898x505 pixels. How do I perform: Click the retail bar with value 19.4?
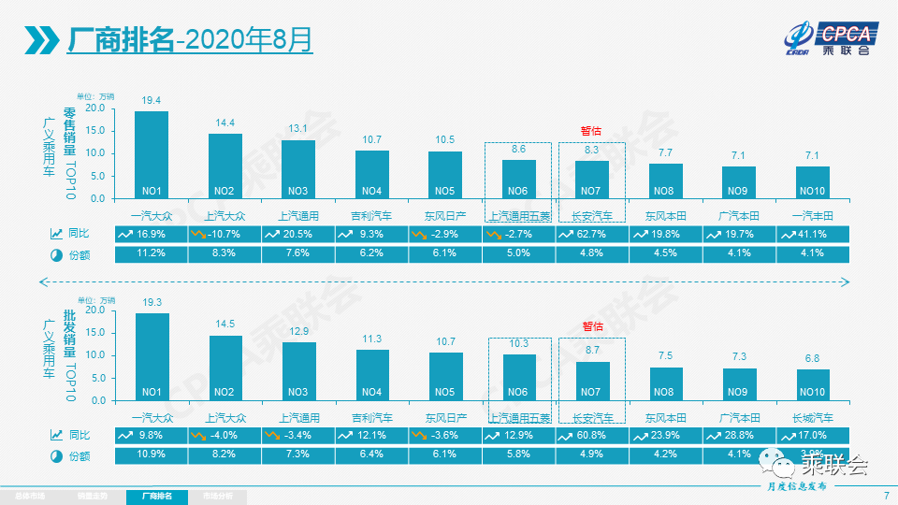[152, 154]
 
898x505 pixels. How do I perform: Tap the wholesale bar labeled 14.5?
[225, 368]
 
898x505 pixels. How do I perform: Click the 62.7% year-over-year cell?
[591, 234]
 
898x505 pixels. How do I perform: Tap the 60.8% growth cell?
[591, 435]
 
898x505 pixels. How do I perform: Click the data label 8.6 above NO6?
[519, 149]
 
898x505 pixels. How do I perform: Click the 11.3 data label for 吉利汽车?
[372, 339]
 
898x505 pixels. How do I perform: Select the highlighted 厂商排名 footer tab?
[156, 495]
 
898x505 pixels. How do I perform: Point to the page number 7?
[885, 495]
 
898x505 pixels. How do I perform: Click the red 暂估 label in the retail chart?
[591, 130]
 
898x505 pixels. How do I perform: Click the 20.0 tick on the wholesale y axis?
[96, 310]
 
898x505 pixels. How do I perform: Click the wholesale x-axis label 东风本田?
[665, 418]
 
